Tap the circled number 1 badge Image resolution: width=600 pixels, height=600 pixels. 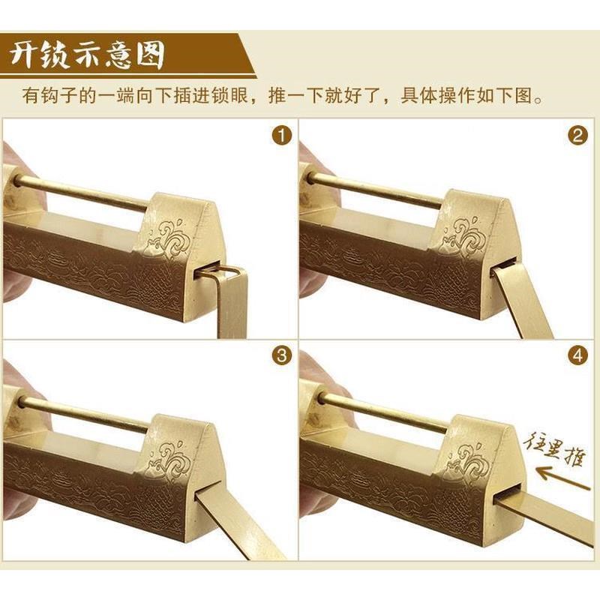pyautogui.click(x=280, y=136)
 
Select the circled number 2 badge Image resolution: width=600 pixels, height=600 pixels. pyautogui.click(x=577, y=136)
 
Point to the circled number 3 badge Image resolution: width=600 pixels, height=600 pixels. pyautogui.click(x=280, y=355)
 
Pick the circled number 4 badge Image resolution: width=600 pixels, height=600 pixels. pyautogui.click(x=577, y=355)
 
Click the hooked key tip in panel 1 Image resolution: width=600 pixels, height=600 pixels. pyautogui.click(x=220, y=269)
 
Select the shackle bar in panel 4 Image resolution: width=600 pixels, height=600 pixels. pyautogui.click(x=382, y=412)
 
